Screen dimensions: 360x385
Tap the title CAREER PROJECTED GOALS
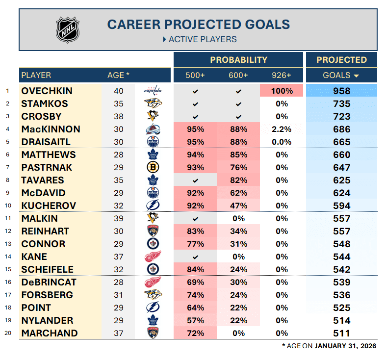(x=199, y=24)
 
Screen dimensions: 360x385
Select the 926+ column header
(x=281, y=75)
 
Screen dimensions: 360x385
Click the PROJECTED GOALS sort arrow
(x=356, y=76)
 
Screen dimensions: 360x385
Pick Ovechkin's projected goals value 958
(x=341, y=91)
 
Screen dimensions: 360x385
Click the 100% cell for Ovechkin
(x=281, y=91)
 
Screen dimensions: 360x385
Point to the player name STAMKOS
(x=45, y=103)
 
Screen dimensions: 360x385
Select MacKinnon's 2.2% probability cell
(x=281, y=129)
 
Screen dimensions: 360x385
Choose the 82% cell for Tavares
(x=238, y=180)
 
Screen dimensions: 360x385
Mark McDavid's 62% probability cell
(x=238, y=193)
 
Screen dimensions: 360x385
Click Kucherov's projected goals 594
(x=341, y=206)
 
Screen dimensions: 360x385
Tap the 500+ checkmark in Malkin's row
(x=195, y=218)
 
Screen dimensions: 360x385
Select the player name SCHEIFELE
(x=47, y=269)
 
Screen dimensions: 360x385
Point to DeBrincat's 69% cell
(x=195, y=282)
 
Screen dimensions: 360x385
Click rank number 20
(x=7, y=333)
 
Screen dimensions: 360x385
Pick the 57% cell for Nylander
(x=195, y=320)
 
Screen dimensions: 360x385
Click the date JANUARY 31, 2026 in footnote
(x=345, y=346)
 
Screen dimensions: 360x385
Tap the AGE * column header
(x=118, y=75)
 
